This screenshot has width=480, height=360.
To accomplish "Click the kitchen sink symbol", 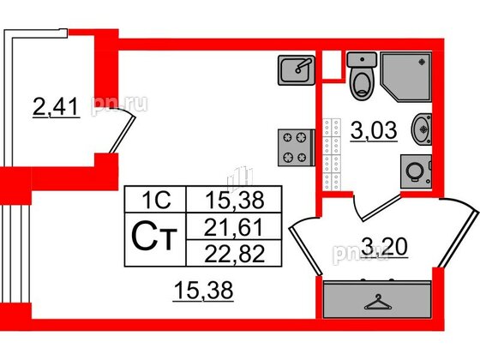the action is tap(297, 70).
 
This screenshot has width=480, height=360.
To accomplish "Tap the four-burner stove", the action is tap(297, 147).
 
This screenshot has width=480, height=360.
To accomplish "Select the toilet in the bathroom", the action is tap(362, 76).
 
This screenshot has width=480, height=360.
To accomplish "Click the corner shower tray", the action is tap(406, 77).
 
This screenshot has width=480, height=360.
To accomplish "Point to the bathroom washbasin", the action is tap(422, 129).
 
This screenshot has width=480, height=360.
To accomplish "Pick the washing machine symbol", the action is tap(416, 171).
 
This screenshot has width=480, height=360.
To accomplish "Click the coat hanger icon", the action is tap(378, 303).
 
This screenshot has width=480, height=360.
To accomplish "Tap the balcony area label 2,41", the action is tap(56, 107).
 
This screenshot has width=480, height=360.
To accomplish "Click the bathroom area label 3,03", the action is tap(374, 130).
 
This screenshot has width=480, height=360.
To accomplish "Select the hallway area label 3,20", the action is tap(385, 247).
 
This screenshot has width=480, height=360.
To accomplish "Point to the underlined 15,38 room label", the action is tap(204, 291).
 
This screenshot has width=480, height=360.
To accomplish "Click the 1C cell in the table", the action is tap(155, 199).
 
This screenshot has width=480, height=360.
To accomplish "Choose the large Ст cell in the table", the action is tap(155, 240).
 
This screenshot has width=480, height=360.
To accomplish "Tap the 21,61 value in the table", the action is tap(234, 228).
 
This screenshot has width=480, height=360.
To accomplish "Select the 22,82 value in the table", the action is tap(234, 254).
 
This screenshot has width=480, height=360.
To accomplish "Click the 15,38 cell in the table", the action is tap(234, 199).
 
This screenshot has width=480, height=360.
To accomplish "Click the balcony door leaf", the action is tap(123, 134).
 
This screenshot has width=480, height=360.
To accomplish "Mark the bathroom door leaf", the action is tap(381, 207).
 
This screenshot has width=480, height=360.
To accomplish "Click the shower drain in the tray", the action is tap(422, 62).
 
